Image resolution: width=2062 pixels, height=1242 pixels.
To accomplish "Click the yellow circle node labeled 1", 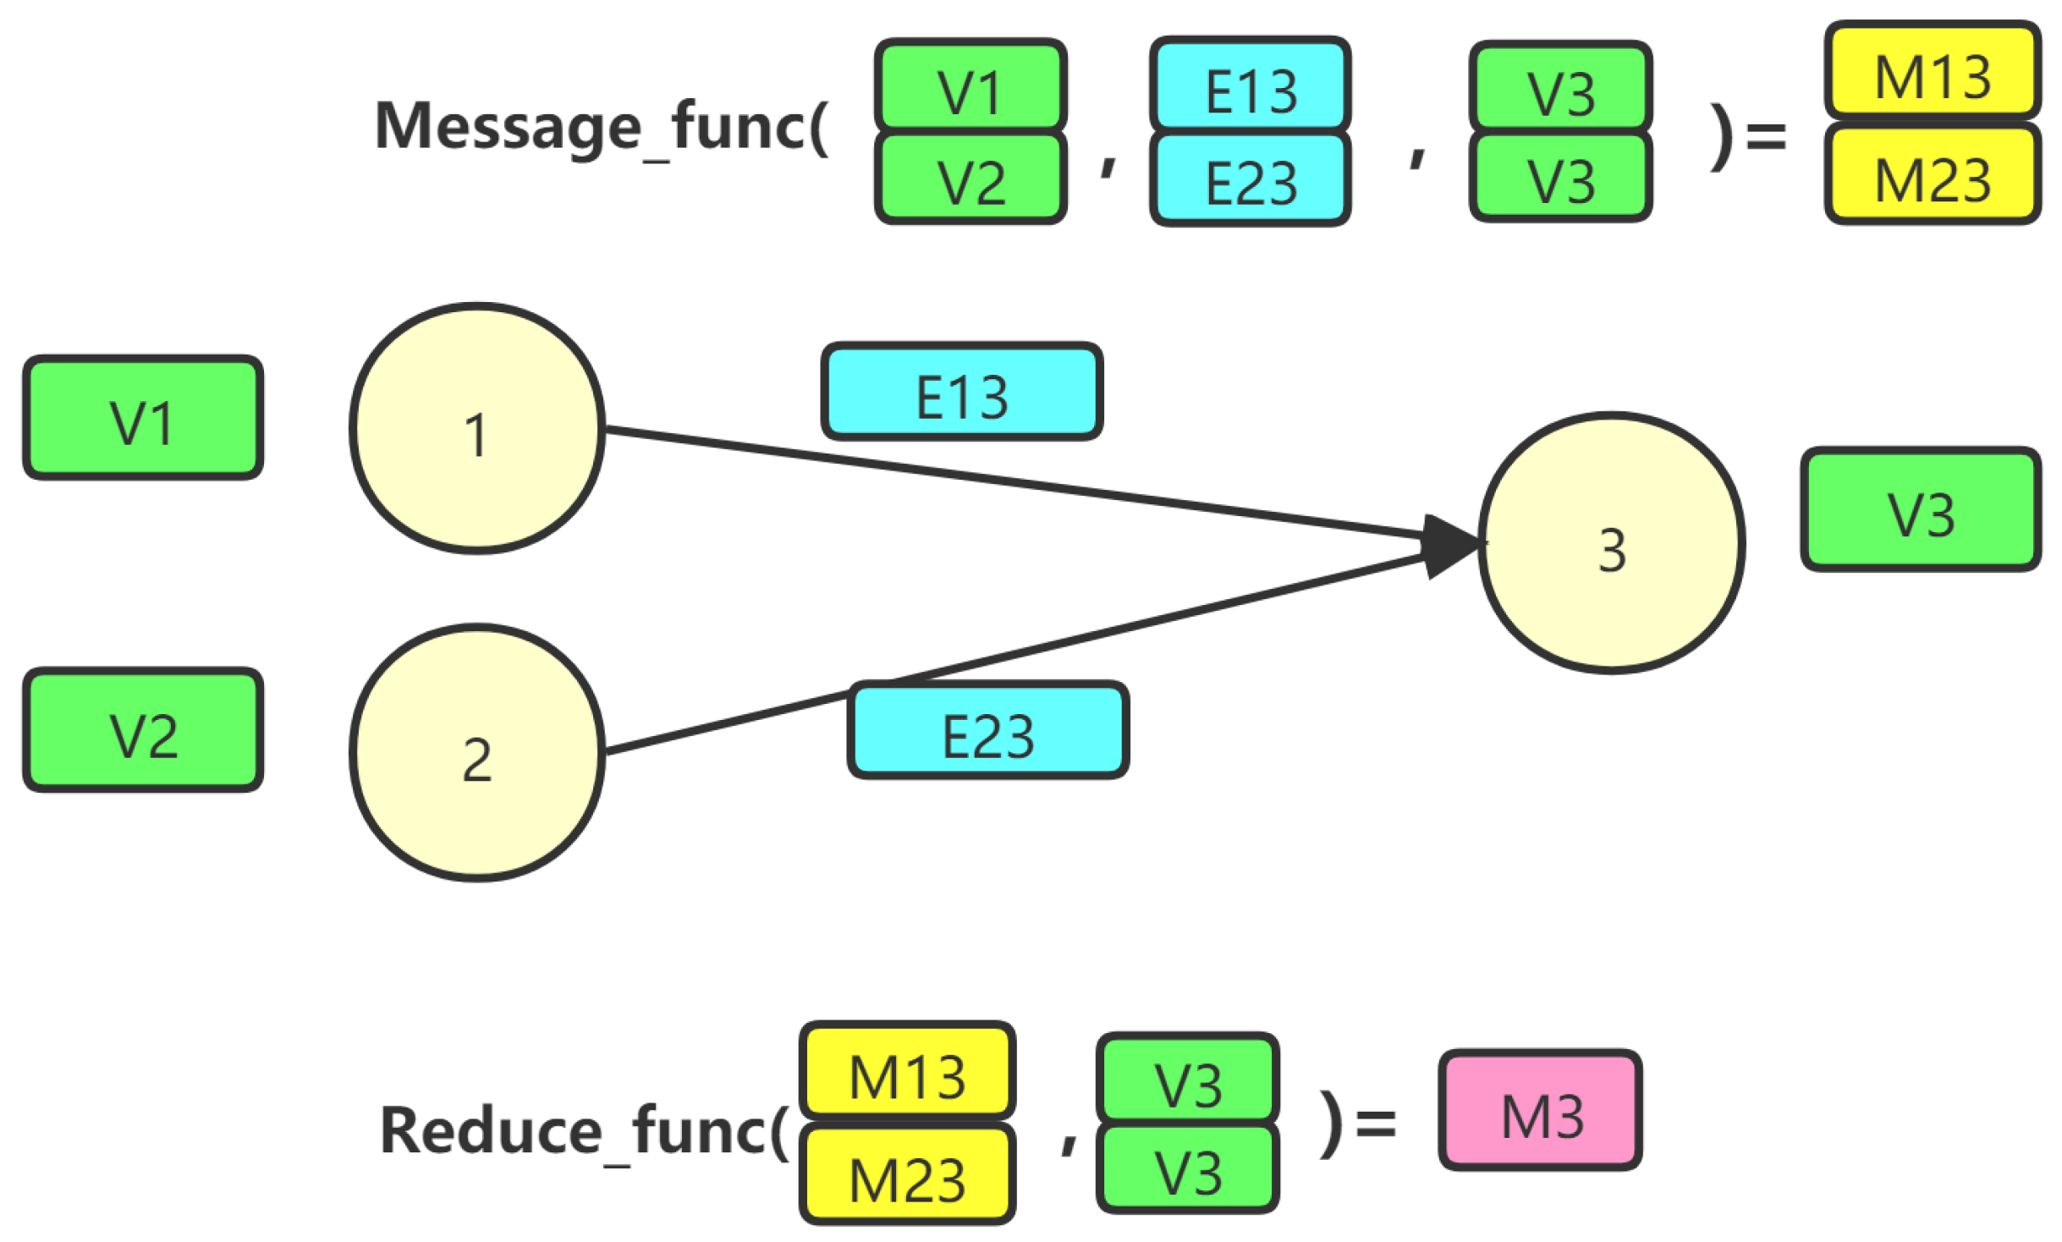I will pos(476,428).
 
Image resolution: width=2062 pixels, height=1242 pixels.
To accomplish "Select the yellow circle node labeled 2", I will pos(476,752).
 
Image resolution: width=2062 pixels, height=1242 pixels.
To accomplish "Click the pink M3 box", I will pos(1539,1109).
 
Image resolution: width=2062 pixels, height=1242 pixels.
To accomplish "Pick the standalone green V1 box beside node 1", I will pos(143,417).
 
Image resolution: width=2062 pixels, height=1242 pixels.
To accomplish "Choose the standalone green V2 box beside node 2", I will pos(143,729).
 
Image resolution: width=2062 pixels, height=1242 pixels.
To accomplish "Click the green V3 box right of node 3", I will pos(1920,509).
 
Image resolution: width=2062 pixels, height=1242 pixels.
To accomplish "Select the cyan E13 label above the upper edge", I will pos(961,391).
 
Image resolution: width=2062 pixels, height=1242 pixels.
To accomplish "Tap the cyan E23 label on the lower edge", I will pos(987,729).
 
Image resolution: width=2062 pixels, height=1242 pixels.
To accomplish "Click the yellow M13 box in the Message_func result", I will pos(1932,70).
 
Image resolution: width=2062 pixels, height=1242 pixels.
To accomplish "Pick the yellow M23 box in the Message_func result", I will pos(1932,174).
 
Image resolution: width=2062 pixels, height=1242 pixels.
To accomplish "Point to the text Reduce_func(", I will pos(584,1130).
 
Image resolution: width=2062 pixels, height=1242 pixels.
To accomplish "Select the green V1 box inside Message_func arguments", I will pos(970,85).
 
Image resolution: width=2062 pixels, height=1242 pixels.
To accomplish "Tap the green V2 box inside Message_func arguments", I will pos(970,178).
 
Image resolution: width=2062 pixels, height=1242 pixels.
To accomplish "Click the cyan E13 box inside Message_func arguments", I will pos(1249,85).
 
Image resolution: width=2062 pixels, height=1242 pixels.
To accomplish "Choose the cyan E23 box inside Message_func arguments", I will pos(1249,179).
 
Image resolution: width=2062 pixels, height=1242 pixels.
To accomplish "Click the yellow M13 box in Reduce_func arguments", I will pos(906,1070).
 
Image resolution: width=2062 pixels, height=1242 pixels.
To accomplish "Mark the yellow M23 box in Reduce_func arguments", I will pos(906,1173).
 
